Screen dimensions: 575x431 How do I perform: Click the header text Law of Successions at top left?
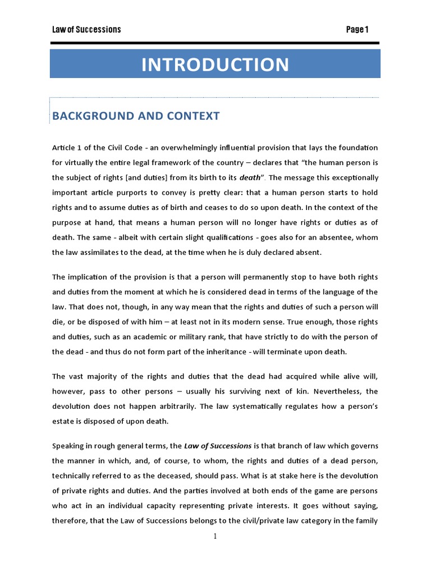coord(86,29)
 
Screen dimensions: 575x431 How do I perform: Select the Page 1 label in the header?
coord(357,29)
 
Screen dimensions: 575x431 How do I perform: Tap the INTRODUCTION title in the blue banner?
coord(215,65)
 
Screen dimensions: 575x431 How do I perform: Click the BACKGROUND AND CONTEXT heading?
coord(136,116)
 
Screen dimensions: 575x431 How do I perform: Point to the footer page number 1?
coord(215,536)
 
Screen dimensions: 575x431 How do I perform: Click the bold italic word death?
coord(250,177)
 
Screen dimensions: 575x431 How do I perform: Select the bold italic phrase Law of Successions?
coord(218,446)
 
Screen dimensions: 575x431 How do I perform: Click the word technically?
coord(75,476)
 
